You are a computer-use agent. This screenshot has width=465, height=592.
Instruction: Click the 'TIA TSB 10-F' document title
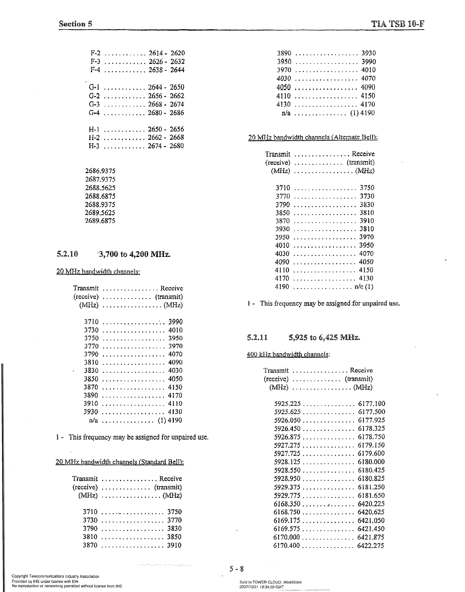click(397, 24)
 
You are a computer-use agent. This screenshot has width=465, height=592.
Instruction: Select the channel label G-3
click(94, 104)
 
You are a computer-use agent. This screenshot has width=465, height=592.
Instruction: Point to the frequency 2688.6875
click(100, 196)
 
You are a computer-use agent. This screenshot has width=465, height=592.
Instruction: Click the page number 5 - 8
click(236, 569)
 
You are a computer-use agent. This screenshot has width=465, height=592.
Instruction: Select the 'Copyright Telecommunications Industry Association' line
click(55, 576)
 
